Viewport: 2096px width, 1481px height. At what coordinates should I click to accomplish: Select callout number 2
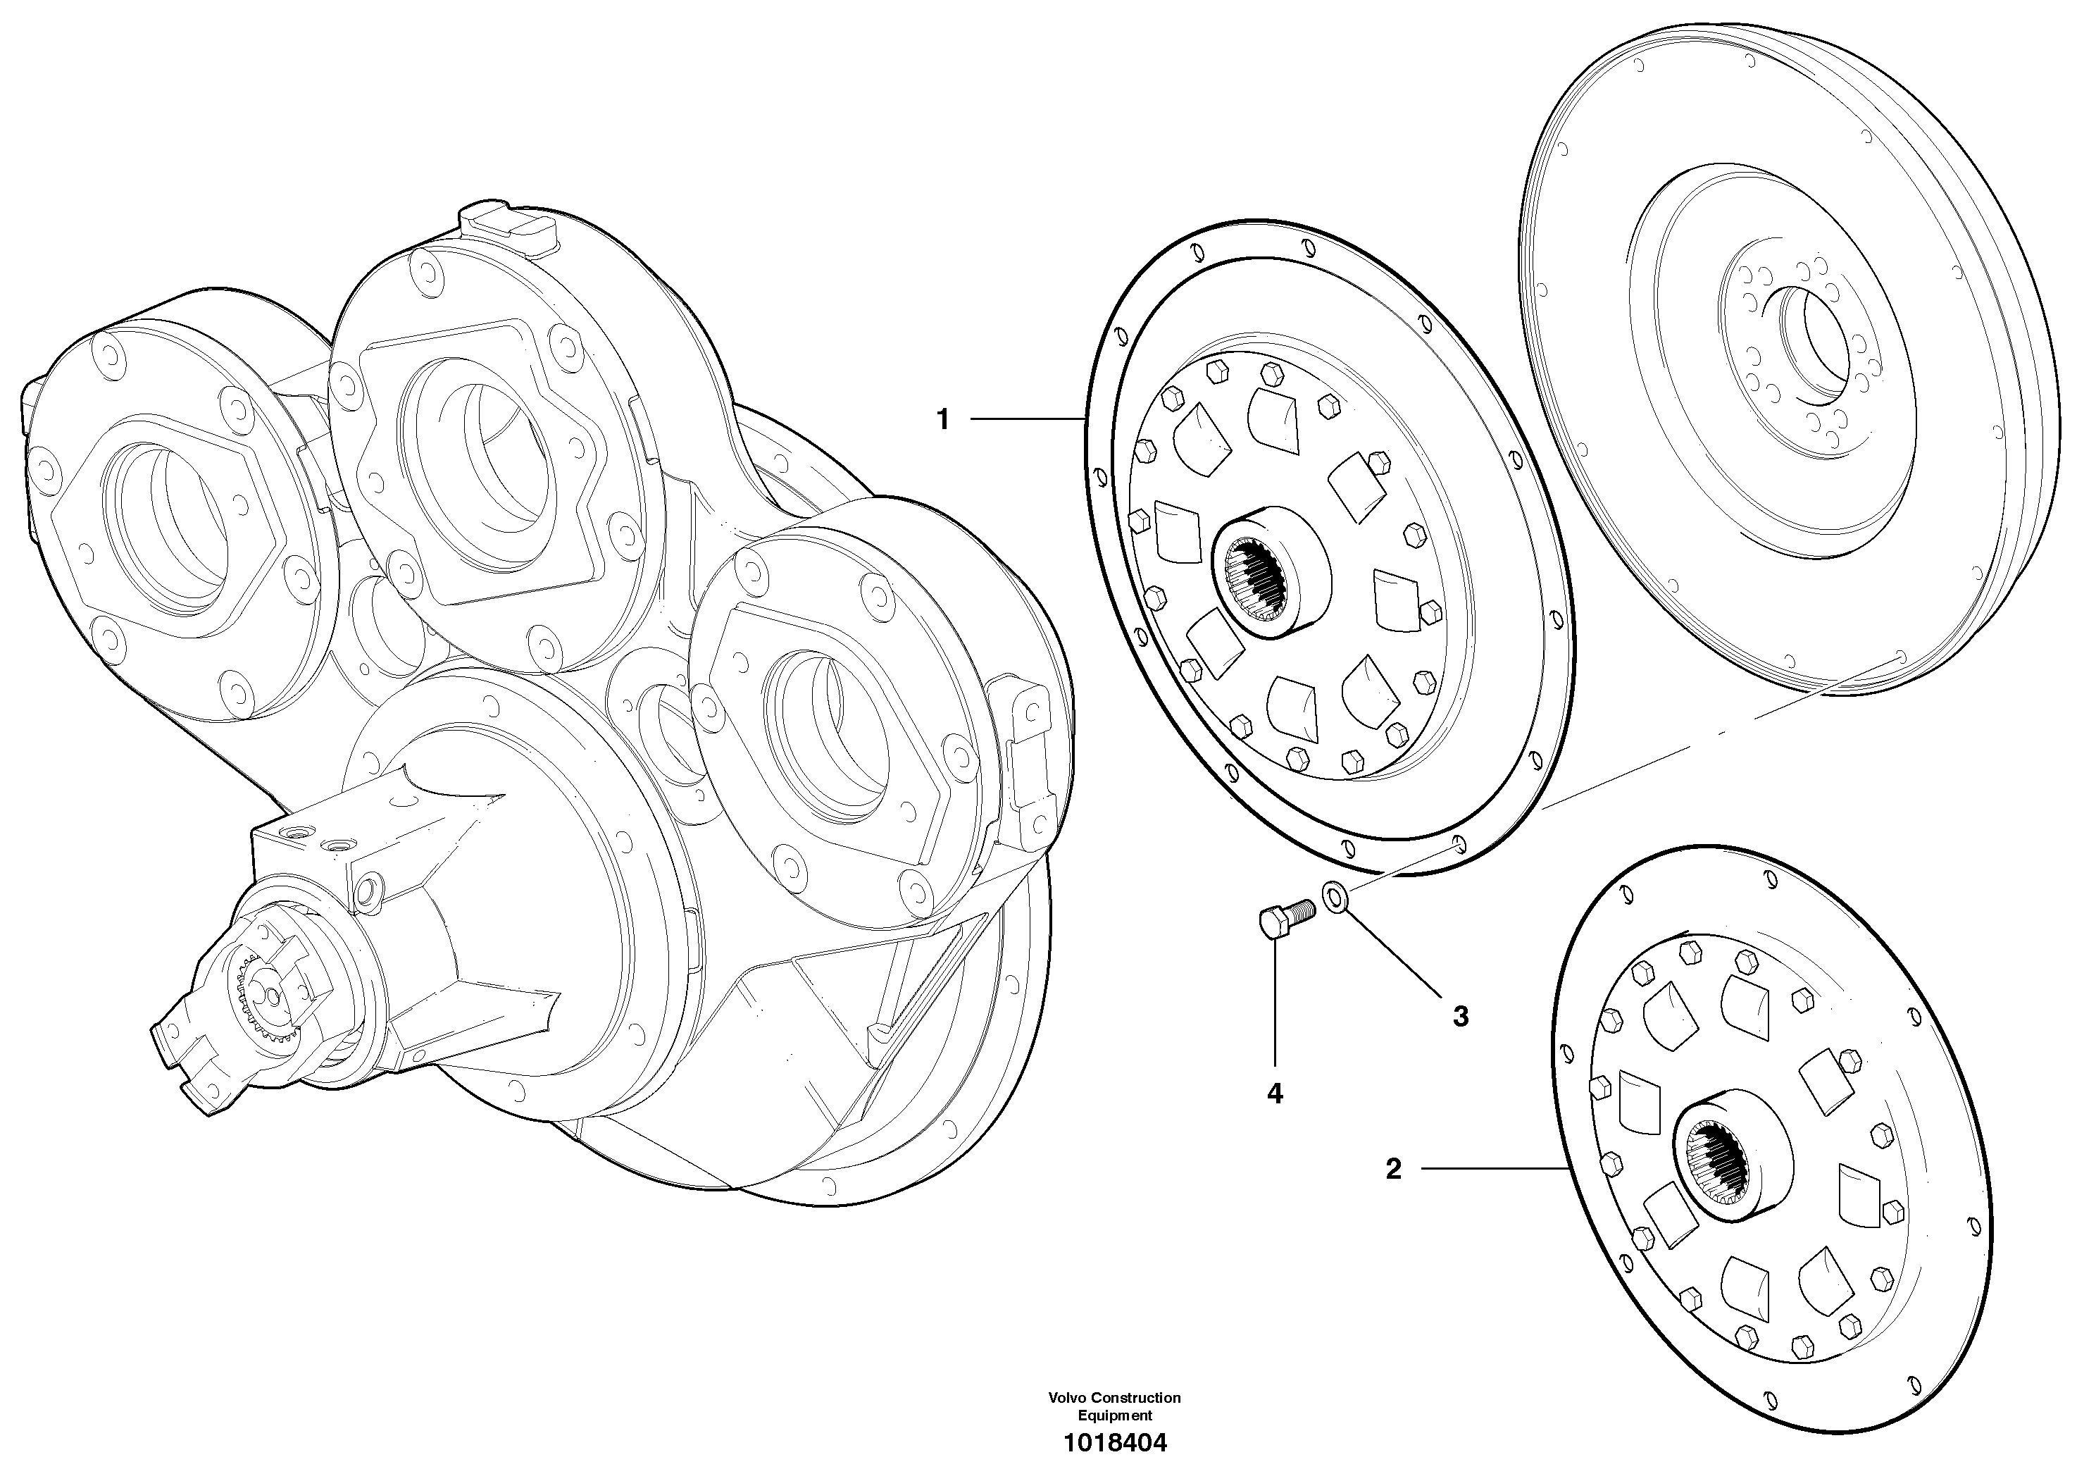(1393, 1169)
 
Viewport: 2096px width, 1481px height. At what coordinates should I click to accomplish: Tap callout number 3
(1461, 1015)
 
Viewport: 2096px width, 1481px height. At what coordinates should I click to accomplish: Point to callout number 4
(1274, 1093)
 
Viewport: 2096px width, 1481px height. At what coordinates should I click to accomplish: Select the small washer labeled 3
(1335, 896)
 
